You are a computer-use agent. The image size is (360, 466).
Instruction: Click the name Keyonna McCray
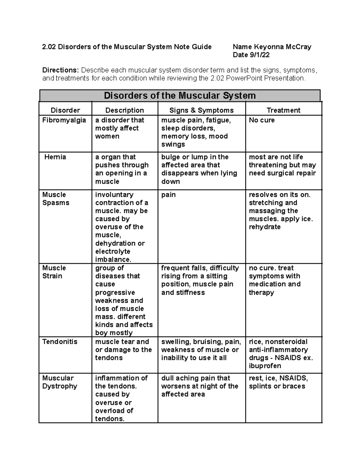click(x=282, y=47)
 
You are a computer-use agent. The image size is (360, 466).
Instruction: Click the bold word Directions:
click(x=60, y=70)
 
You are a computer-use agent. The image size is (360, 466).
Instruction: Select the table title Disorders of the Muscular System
click(x=180, y=96)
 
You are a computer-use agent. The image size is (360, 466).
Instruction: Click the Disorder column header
click(x=65, y=110)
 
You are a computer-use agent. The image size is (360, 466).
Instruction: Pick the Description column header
click(x=124, y=110)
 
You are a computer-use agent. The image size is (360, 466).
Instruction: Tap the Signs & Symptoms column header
click(x=201, y=110)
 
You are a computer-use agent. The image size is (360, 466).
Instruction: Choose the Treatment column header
click(x=283, y=110)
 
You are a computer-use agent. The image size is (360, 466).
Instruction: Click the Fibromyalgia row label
click(x=64, y=120)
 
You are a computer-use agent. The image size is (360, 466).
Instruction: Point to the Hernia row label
click(x=55, y=157)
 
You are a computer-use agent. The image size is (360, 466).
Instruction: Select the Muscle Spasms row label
click(x=56, y=199)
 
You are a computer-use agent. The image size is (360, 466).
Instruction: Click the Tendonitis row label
click(x=60, y=341)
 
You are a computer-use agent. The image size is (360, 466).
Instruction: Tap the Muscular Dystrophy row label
click(x=60, y=382)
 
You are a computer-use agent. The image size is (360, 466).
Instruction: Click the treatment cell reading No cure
click(x=262, y=120)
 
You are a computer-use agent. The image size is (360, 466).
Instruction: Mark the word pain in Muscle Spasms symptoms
click(x=168, y=195)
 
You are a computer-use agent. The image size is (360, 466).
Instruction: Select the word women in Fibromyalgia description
click(x=107, y=136)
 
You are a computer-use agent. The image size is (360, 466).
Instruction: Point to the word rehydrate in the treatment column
click(x=265, y=227)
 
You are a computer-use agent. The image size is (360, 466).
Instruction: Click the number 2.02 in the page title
click(x=49, y=47)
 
